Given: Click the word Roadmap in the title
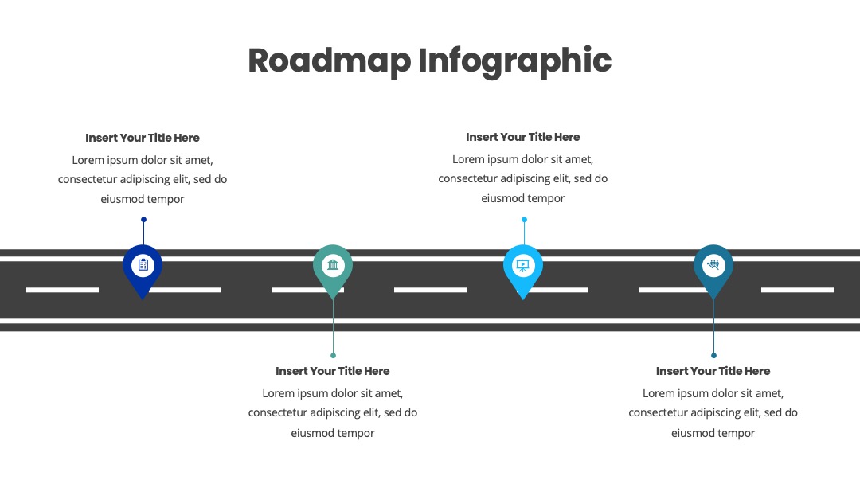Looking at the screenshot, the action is pos(330,60).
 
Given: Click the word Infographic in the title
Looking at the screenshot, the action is pos(515,60).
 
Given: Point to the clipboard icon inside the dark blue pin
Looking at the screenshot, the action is pos(143,265).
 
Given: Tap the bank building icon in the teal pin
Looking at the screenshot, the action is pos(333,265).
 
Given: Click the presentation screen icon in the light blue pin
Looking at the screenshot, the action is pos(522,266).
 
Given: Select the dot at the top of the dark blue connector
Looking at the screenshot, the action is pos(143,219).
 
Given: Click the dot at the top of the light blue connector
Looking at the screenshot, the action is pos(524,219).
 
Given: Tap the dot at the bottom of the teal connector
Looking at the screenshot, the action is pos(333,355).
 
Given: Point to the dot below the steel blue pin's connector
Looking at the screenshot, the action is pos(713,355).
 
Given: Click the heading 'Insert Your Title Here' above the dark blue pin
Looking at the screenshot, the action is pos(143,139).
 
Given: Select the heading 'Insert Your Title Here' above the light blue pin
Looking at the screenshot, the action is pos(522,137).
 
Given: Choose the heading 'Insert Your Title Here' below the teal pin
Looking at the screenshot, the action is pos(333,371).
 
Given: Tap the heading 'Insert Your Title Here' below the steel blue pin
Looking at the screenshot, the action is pos(713,371).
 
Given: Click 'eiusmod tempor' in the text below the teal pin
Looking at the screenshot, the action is pos(333,433).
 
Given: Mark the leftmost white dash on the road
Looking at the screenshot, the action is pos(63,290).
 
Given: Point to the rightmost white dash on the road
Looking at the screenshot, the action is pos(797,290).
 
